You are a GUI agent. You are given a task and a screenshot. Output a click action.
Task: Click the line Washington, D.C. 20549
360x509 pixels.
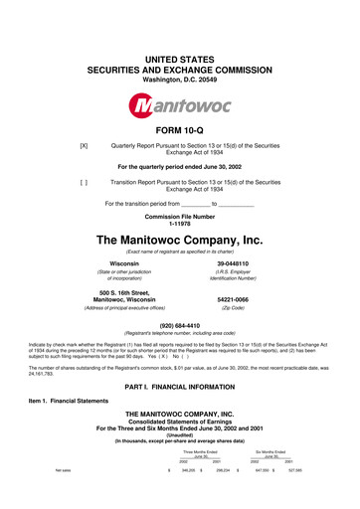[180, 50]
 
